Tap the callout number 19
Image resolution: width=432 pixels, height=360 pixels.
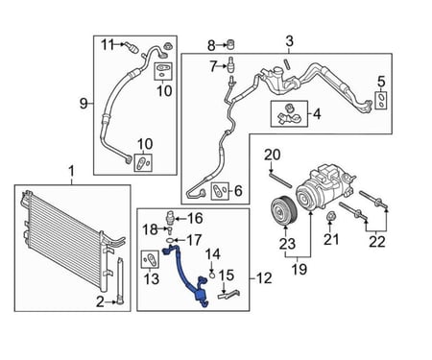click(x=300, y=270)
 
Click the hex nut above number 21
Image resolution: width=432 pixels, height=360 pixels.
click(x=330, y=217)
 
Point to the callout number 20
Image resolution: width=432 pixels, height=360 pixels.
click(x=272, y=155)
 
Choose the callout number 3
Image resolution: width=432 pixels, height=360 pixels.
click(x=289, y=41)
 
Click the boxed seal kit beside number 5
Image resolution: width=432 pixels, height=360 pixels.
click(x=381, y=101)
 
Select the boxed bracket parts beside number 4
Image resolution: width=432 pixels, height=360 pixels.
click(x=289, y=113)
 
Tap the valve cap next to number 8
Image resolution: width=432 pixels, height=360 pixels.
click(x=231, y=44)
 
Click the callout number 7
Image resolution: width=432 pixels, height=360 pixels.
click(x=213, y=66)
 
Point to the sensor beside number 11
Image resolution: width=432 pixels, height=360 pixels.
click(x=132, y=47)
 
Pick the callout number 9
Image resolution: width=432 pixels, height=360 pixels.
click(x=84, y=104)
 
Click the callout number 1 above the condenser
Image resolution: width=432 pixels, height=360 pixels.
click(x=71, y=171)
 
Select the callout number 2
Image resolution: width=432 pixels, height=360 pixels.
click(x=100, y=301)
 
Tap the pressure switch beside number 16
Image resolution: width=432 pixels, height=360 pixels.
click(x=171, y=218)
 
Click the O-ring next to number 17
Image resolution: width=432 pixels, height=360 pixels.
click(x=170, y=240)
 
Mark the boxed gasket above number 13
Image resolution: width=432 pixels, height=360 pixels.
click(x=150, y=259)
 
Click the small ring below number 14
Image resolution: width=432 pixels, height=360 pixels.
click(x=211, y=275)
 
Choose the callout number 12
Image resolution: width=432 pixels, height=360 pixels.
click(x=264, y=278)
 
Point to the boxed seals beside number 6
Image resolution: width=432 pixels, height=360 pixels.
click(x=220, y=191)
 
